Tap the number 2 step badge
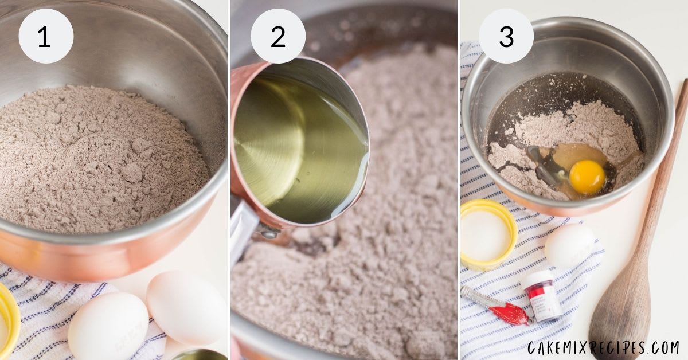click(278, 36)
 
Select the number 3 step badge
click(506, 36)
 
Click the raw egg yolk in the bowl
click(587, 177)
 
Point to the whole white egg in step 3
click(570, 245)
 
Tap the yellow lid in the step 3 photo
click(488, 235)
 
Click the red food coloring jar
click(543, 296)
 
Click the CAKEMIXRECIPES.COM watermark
click(603, 348)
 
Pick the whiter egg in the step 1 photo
click(108, 326)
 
